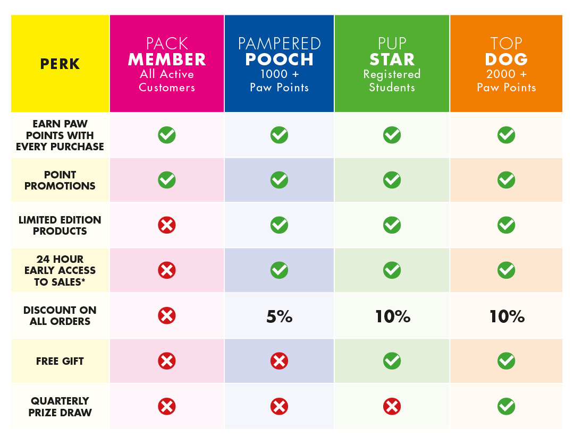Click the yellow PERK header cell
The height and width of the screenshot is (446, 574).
[60, 64]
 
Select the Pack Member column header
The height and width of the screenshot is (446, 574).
[167, 64]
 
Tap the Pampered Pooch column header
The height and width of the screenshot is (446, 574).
[279, 64]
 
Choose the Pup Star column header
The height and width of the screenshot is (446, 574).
[392, 64]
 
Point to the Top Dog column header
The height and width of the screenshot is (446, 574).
[506, 64]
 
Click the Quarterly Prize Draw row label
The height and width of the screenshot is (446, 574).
[60, 407]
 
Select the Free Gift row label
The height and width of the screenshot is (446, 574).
[60, 361]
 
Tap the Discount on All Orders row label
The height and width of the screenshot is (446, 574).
[60, 316]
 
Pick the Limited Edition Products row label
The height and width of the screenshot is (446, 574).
[60, 225]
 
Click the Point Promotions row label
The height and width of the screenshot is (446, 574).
[60, 180]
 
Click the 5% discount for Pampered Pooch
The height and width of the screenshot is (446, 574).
[279, 317]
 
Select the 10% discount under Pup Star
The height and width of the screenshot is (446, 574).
[392, 317]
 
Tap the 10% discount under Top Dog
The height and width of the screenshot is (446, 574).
[507, 317]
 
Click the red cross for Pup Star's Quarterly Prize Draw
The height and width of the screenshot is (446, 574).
[392, 407]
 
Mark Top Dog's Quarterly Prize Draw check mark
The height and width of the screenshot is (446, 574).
[506, 407]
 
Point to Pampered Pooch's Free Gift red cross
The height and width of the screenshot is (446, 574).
[279, 361]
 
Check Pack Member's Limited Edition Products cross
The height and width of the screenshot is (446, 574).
[167, 225]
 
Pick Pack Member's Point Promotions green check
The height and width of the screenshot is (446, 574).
[167, 180]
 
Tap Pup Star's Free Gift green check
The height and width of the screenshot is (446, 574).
[392, 361]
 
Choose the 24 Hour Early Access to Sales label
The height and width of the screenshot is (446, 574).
[60, 270]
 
